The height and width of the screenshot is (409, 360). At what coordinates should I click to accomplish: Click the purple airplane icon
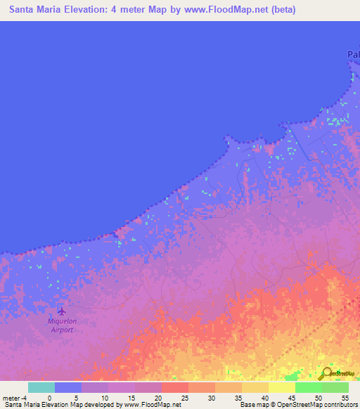click(61, 311)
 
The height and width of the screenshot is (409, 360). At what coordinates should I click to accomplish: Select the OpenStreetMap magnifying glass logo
click(326, 374)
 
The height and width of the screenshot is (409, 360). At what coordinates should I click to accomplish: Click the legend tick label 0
click(49, 398)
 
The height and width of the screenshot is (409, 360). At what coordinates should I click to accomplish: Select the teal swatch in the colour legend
click(41, 387)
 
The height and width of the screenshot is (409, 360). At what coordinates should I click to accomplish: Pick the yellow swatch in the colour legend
click(282, 387)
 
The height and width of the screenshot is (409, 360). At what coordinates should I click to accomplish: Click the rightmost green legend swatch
click(335, 387)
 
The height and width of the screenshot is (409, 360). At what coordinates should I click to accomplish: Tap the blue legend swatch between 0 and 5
click(68, 387)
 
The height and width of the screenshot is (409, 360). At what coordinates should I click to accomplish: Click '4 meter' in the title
click(124, 10)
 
